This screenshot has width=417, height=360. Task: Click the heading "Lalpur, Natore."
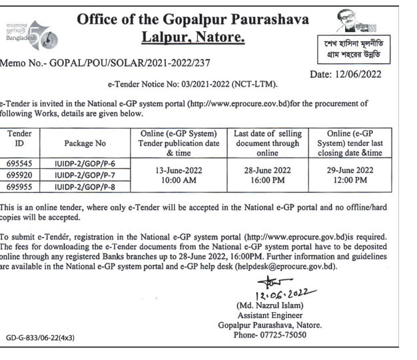(x=193, y=38)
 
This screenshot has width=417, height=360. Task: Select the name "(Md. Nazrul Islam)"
(x=270, y=305)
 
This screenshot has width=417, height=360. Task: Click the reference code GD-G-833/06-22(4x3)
(x=40, y=338)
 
